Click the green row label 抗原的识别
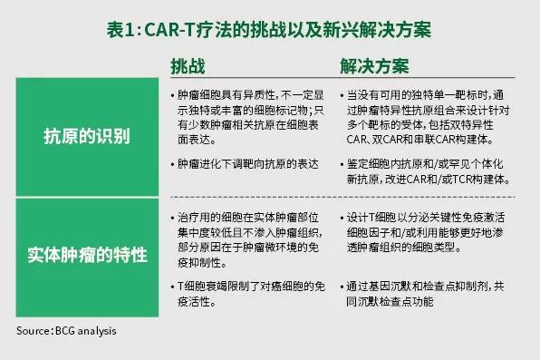[86, 137]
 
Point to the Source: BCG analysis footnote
[66, 331]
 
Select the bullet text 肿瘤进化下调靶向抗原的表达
[248, 164]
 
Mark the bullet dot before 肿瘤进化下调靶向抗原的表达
[173, 164]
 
